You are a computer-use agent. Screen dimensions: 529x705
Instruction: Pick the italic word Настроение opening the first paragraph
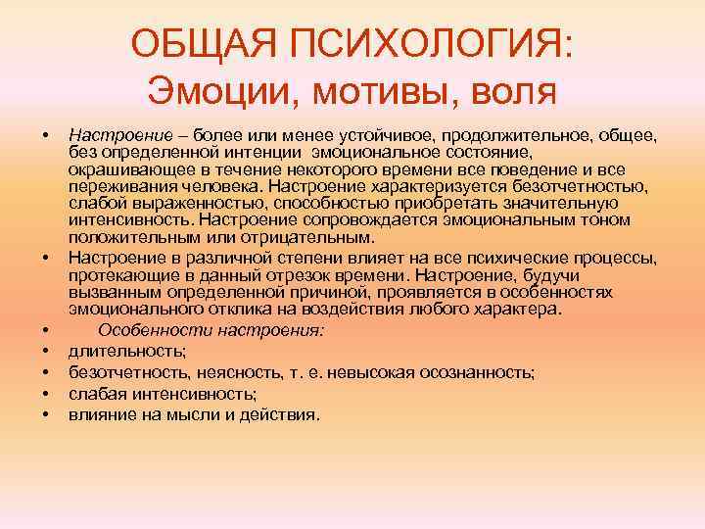pos(107,131)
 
